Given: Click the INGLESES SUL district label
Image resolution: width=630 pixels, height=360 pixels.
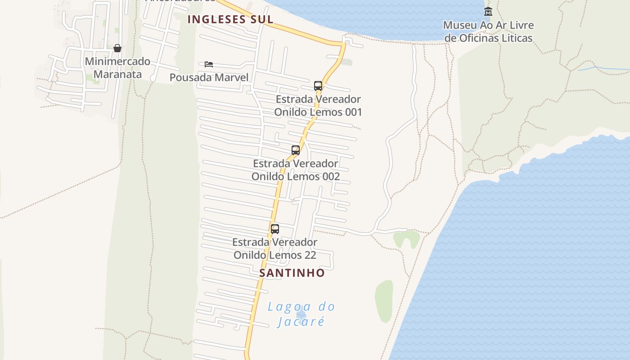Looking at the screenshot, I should pyautogui.click(x=230, y=19).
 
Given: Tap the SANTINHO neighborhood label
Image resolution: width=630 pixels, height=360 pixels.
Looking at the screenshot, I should pyautogui.click(x=292, y=273).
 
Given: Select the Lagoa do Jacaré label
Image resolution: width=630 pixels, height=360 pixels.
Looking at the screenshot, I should pyautogui.click(x=301, y=314).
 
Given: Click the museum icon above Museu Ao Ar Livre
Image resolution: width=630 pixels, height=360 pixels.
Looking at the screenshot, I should pyautogui.click(x=488, y=11).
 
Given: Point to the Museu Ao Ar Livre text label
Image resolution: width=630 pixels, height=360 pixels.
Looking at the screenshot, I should pyautogui.click(x=488, y=31).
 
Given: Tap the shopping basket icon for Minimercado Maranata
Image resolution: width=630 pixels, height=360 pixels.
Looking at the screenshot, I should pyautogui.click(x=117, y=48).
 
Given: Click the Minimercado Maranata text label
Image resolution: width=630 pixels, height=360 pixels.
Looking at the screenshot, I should pyautogui.click(x=117, y=67).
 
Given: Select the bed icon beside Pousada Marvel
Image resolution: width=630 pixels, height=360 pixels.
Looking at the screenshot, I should pyautogui.click(x=209, y=64).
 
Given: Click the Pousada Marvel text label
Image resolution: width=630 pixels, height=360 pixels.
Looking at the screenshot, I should pyautogui.click(x=209, y=77).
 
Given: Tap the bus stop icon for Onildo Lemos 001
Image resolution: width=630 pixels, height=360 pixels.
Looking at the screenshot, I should pyautogui.click(x=318, y=86).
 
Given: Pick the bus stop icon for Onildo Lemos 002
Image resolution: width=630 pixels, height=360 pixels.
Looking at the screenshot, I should pyautogui.click(x=296, y=150).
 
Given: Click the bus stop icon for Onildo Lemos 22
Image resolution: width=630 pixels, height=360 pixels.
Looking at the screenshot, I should pyautogui.click(x=275, y=229).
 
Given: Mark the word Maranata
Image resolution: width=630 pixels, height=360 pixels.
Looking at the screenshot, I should pyautogui.click(x=117, y=74).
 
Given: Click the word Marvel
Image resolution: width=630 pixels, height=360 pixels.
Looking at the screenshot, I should pyautogui.click(x=231, y=77).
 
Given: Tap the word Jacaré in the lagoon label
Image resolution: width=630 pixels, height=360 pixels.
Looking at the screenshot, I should pyautogui.click(x=301, y=322).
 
